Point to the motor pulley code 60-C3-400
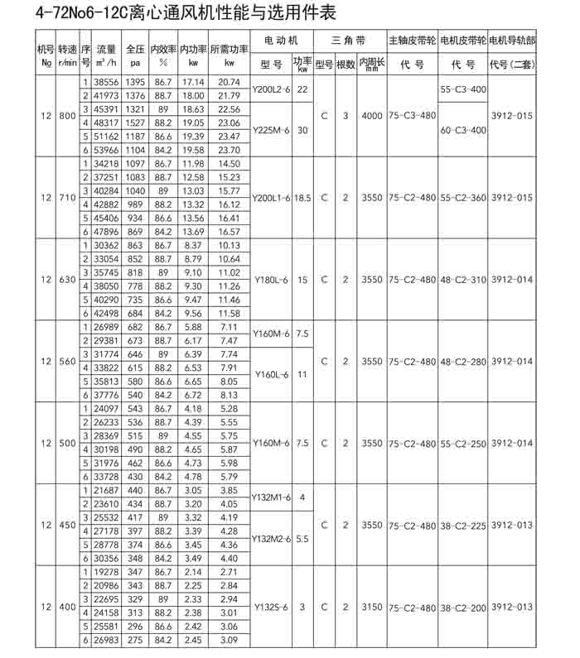pos(462,130)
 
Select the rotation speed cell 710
pos(67,199)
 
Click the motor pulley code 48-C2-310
pos(462,280)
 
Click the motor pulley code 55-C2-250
pos(462,444)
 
